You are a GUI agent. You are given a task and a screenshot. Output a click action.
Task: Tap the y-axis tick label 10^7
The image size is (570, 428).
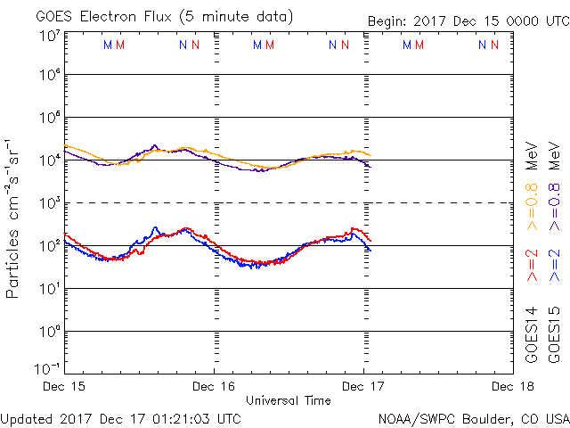49,36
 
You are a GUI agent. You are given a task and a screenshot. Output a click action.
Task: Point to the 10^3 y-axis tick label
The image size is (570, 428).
49,203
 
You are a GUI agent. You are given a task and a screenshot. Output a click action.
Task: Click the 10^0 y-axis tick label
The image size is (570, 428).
49,332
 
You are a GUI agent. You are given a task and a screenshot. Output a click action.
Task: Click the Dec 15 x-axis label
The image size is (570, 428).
65,387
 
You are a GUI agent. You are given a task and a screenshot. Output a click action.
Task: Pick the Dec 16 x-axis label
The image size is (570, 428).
214,387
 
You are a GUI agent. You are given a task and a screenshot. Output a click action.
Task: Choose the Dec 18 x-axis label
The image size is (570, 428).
510,387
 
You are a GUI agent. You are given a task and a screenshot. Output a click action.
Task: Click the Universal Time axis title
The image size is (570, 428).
289,400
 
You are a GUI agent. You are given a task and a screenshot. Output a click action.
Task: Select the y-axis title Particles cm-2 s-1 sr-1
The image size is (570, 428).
14,218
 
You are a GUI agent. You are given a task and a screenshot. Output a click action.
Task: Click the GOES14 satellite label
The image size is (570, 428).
533,335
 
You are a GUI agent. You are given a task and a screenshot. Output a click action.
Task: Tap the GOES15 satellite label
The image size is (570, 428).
555,335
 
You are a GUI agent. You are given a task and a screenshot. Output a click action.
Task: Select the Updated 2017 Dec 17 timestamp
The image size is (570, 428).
121,417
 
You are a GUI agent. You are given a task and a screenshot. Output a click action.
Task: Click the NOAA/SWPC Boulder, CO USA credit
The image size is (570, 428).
473,417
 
